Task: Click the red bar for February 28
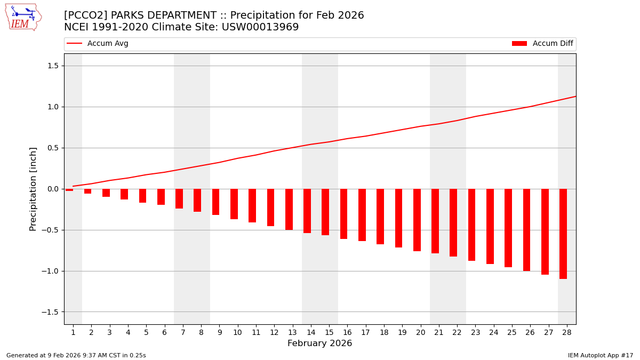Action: click(563, 234)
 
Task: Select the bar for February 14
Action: click(307, 211)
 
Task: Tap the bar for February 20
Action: click(417, 220)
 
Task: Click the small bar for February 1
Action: click(69, 190)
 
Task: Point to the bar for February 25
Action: click(508, 228)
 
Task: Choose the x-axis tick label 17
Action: click(365, 332)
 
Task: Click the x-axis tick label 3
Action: click(109, 332)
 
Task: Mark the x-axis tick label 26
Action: click(530, 332)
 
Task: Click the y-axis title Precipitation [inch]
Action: click(33, 189)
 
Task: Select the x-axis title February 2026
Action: click(319, 343)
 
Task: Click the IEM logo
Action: click(23, 17)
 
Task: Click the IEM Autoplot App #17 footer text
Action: click(601, 355)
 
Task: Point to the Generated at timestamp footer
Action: click(76, 355)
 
